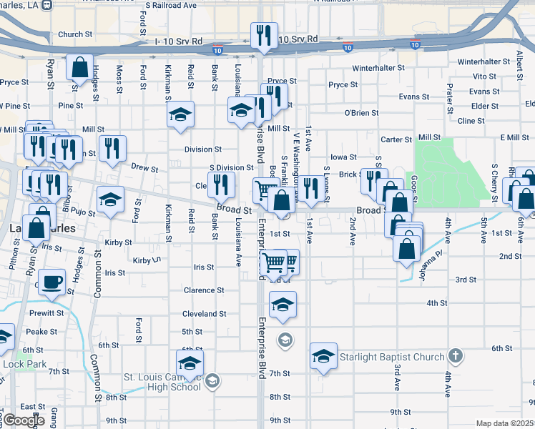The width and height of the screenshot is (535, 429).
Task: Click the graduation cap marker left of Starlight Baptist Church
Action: (323, 356)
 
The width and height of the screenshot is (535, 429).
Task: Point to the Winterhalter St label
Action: (378, 69)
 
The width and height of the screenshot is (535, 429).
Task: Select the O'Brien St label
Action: (361, 113)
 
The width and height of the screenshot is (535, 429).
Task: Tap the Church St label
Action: (76, 34)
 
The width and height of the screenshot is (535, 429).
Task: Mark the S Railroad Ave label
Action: (170, 5)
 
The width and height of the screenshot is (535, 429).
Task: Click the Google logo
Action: (25, 420)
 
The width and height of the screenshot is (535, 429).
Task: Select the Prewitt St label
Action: (47, 313)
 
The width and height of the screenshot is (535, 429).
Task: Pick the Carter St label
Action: (397, 139)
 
